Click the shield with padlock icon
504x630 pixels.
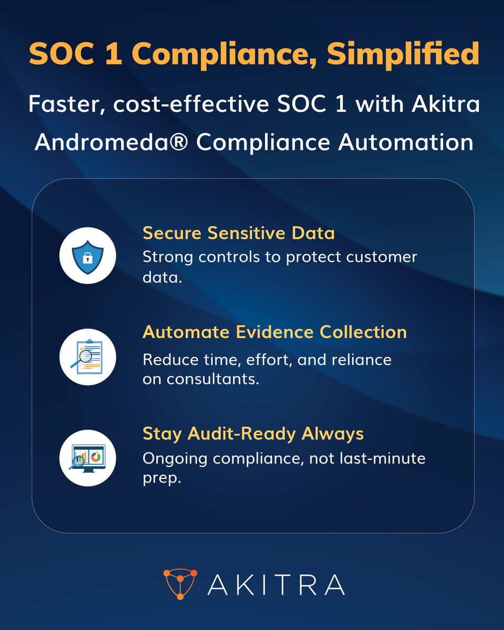coord(88,256)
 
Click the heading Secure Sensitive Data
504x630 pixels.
coord(238,233)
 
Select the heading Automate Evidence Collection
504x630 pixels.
coord(275,332)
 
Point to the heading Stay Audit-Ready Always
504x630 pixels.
coord(253,434)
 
